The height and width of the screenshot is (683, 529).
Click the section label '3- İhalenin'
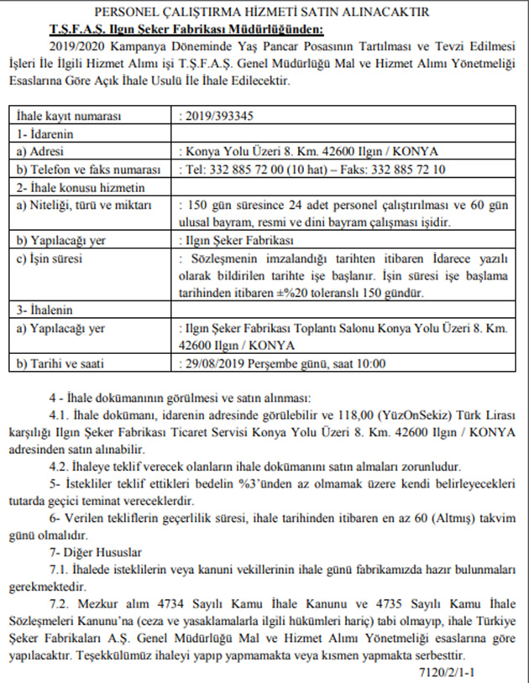pos(48,310)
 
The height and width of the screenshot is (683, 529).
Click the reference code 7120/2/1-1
pos(450,671)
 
